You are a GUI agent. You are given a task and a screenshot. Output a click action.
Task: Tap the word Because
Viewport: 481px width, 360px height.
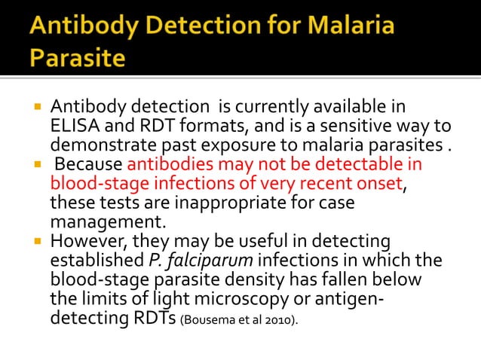tap(89, 164)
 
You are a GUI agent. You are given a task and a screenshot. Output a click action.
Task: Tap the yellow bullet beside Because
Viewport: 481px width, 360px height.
tap(35, 163)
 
